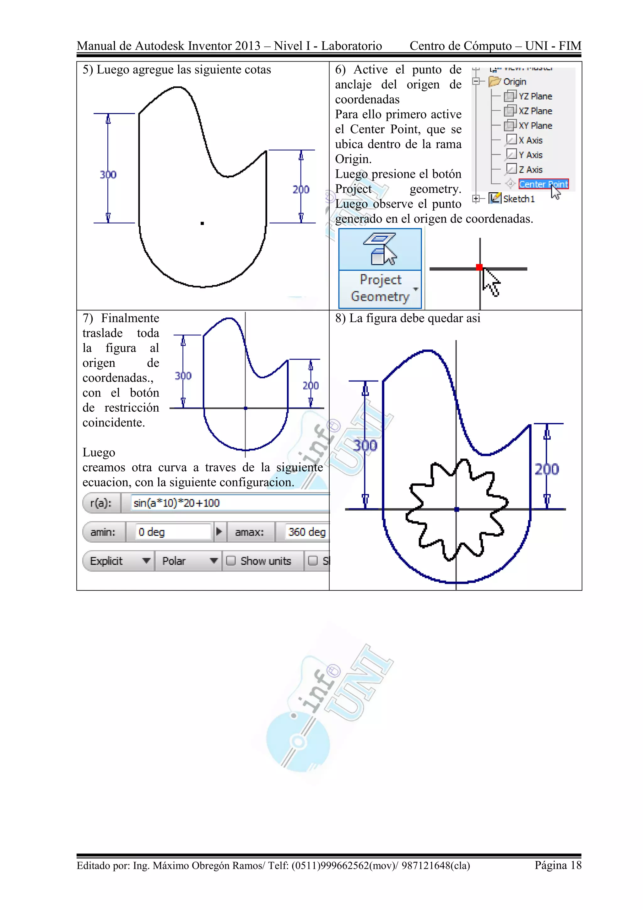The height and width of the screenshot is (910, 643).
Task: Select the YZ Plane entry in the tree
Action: (x=534, y=96)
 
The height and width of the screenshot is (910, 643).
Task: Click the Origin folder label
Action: (x=514, y=82)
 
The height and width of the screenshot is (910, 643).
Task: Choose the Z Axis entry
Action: (x=530, y=170)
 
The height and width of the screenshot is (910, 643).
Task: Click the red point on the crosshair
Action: (x=479, y=267)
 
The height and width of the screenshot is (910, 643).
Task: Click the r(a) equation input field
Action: (x=226, y=503)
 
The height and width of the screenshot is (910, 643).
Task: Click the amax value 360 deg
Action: (x=306, y=532)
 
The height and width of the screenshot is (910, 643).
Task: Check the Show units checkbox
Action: (x=231, y=561)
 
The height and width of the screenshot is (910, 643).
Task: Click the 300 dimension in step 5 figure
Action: (x=108, y=175)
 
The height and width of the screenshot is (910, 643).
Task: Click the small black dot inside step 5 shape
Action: (x=202, y=223)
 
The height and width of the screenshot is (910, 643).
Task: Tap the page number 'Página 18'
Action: (x=558, y=865)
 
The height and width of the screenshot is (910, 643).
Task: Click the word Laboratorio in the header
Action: (x=351, y=46)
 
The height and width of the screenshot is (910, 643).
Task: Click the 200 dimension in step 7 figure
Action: (x=311, y=386)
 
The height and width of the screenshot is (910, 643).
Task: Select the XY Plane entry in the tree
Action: (x=534, y=126)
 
